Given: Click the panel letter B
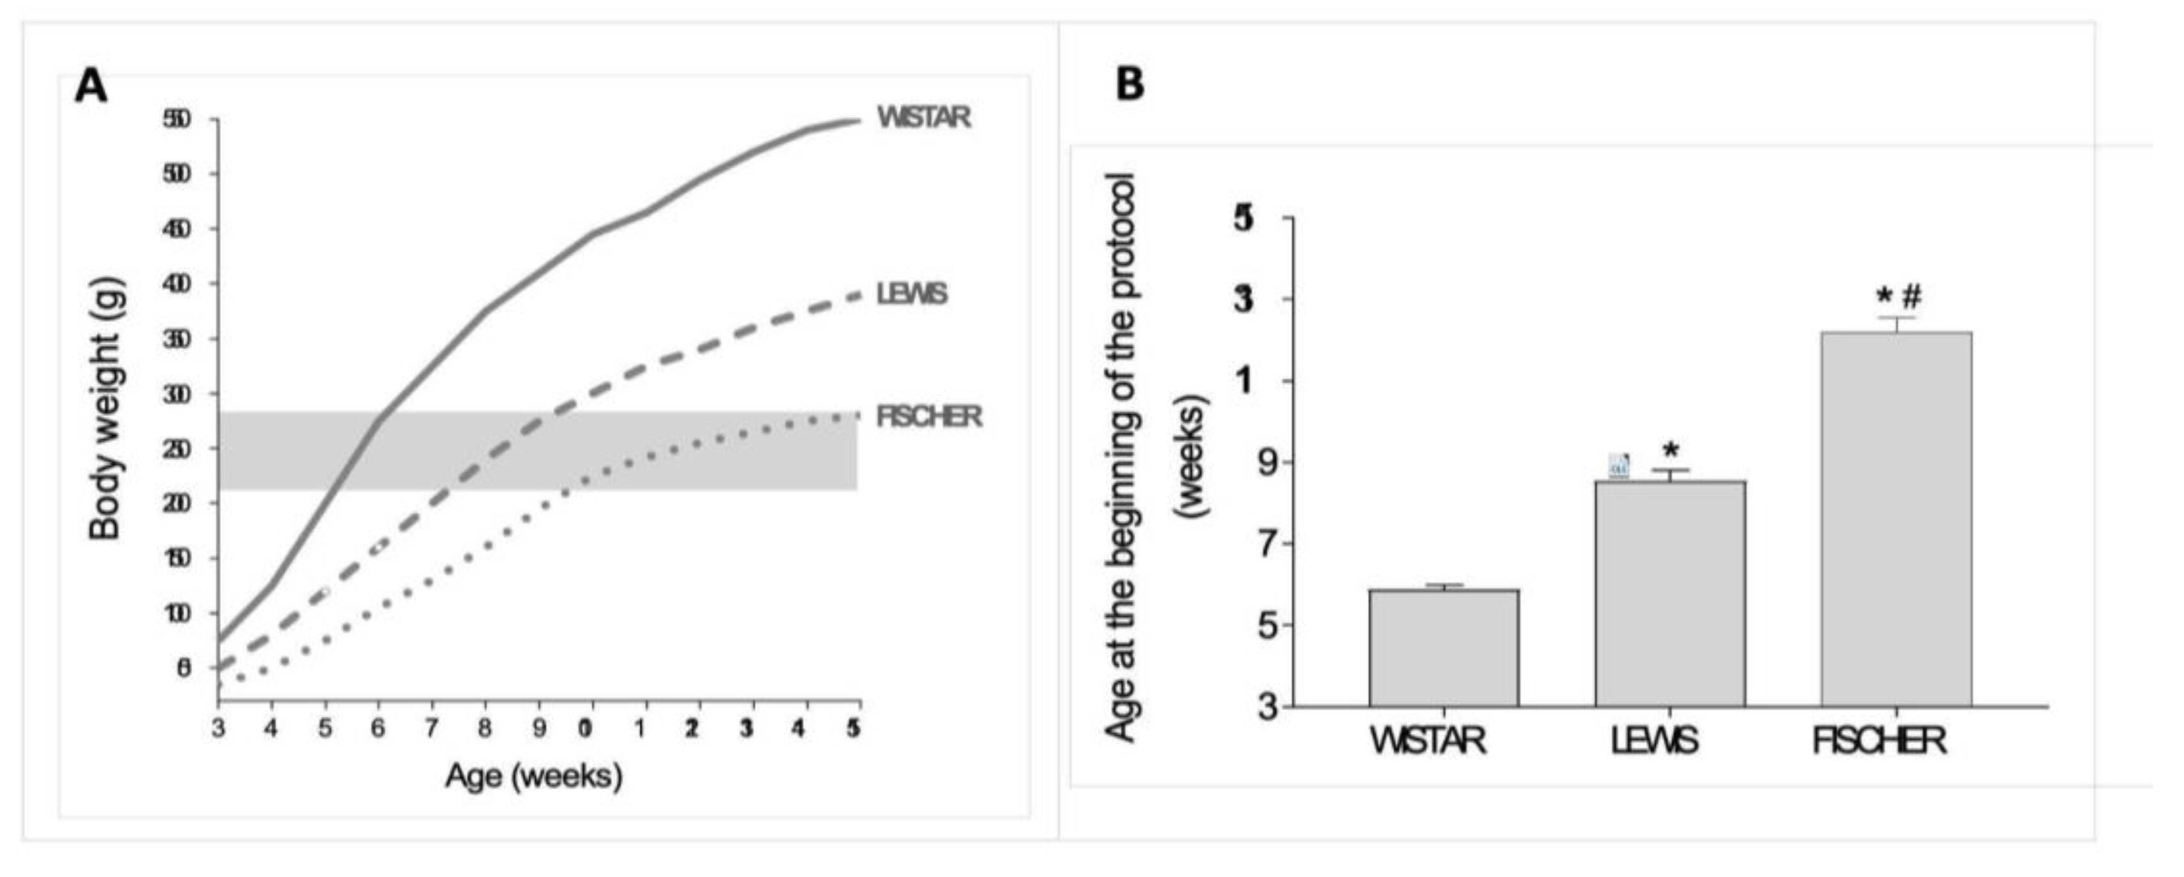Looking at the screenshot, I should click(1130, 85).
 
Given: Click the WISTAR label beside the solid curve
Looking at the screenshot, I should click(924, 117).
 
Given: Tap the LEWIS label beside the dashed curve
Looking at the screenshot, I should click(911, 294).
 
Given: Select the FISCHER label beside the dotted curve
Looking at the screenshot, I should click(928, 417).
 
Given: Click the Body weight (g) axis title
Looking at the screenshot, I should click(107, 409).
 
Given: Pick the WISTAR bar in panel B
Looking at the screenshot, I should click(1443, 648).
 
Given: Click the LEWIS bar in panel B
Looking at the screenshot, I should click(1669, 594).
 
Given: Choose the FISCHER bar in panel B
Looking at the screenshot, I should click(1896, 519).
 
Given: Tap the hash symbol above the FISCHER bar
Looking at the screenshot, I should click(1911, 297).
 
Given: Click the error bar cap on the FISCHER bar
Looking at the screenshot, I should click(1896, 317).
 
